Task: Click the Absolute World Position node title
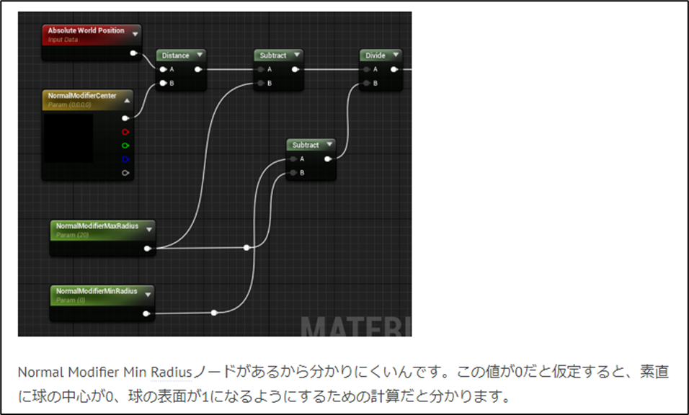pos(86,31)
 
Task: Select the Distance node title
pos(175,55)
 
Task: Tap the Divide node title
pos(375,55)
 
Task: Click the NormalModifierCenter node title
pos(81,95)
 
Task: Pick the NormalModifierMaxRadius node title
pos(97,226)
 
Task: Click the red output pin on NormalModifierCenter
pos(125,132)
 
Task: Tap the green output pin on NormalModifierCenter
pos(125,146)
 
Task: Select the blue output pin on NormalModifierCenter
pos(125,159)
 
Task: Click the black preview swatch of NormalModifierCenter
pos(68,138)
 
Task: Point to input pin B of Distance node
pos(164,84)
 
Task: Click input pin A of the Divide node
pos(367,70)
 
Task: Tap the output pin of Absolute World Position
pos(133,53)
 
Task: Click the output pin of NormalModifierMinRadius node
pos(146,313)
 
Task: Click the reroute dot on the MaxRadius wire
pos(246,247)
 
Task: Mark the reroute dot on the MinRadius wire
pos(214,313)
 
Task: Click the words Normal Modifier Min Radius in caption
pos(105,372)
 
